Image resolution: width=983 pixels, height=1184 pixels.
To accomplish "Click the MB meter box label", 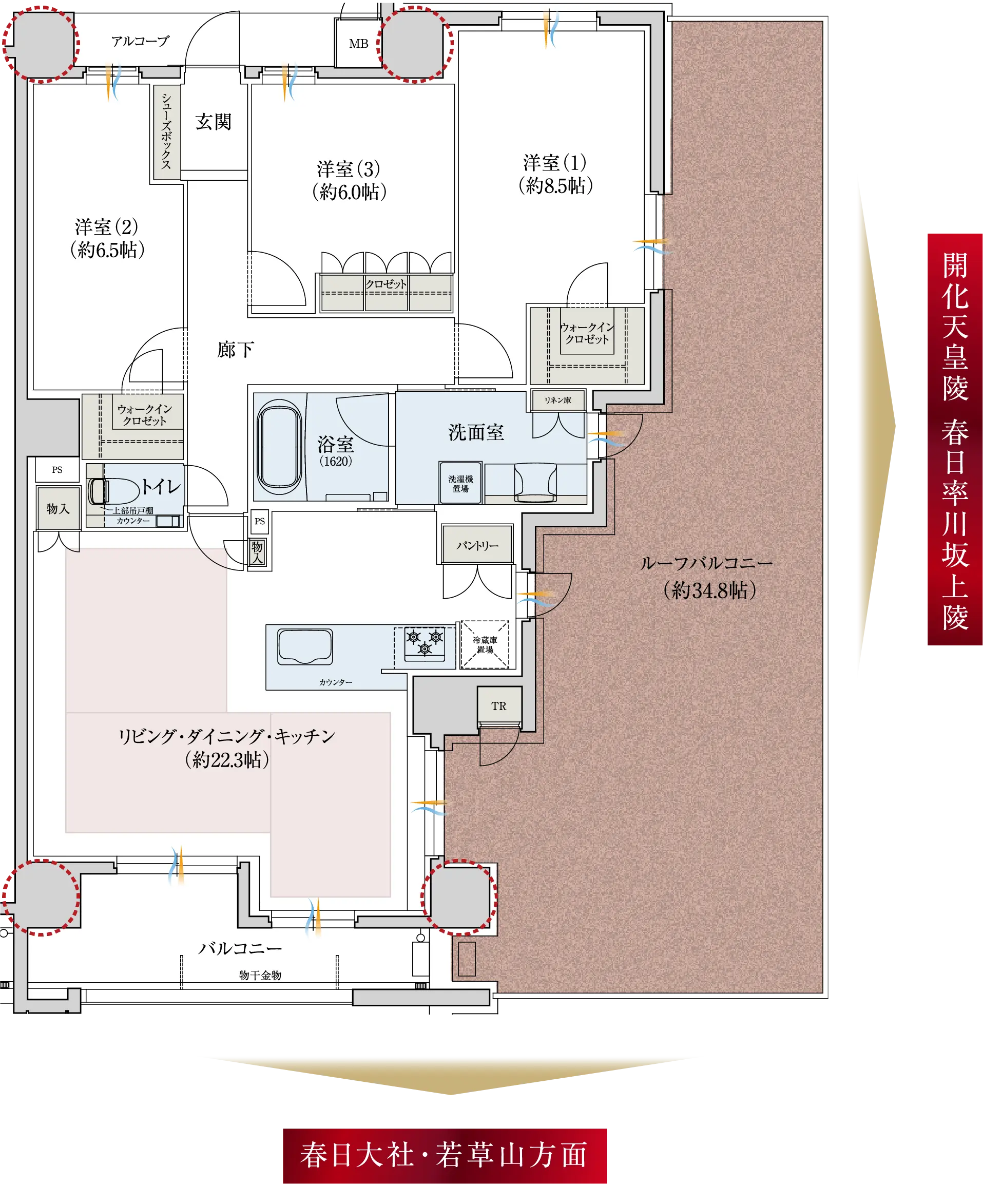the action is tap(358, 44).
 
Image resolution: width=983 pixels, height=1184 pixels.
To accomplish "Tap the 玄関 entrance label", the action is tap(214, 122).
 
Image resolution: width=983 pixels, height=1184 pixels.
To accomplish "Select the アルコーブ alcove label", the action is tap(140, 41).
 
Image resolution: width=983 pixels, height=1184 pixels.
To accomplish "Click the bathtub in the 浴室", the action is tap(278, 447).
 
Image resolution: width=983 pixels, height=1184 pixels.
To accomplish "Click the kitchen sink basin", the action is tap(305, 647).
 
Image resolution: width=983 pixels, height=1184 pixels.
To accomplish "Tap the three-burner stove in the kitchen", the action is tap(425, 643).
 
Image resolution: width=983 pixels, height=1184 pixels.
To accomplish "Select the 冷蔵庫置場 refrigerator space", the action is tap(485, 644).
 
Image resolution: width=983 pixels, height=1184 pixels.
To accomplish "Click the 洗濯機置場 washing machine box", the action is tap(460, 483).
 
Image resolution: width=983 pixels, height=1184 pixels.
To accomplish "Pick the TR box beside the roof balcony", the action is tap(499, 706).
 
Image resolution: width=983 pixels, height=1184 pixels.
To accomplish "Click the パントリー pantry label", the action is tap(477, 545).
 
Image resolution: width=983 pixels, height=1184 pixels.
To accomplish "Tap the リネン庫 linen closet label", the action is tap(557, 400).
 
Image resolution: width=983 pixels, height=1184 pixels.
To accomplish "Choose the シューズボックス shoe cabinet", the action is tap(167, 132).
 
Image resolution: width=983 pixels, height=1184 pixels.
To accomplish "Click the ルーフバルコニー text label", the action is tap(706, 563).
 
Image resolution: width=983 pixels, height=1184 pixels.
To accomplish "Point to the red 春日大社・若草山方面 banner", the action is tap(445, 1155).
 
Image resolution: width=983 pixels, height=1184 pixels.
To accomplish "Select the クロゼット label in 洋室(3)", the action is tap(386, 283).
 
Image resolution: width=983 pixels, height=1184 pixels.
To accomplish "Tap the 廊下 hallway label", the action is tap(236, 350).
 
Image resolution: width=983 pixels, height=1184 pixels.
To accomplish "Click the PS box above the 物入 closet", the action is tap(57, 470).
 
